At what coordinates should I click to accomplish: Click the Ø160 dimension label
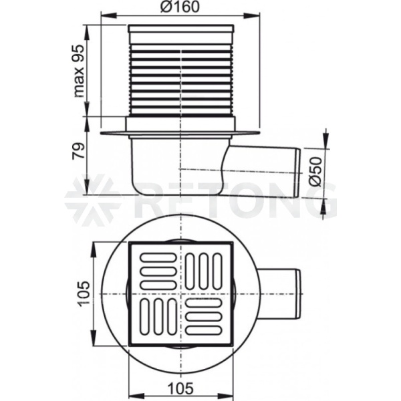tap(180, 7)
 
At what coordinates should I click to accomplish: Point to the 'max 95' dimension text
tap(79, 71)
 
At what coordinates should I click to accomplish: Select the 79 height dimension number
tap(78, 151)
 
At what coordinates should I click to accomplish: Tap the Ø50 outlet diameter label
tap(315, 171)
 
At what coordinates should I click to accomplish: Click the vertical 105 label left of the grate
tap(84, 294)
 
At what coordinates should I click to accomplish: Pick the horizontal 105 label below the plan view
tap(180, 389)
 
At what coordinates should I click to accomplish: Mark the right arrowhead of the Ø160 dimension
tap(252, 16)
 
